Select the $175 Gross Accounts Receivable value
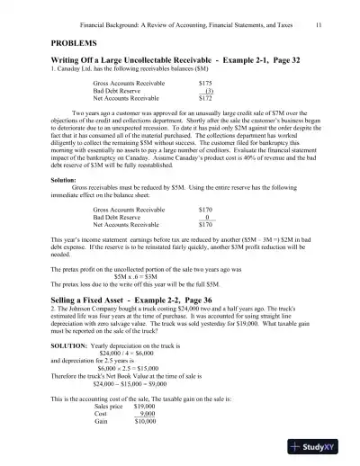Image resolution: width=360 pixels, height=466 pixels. [x=205, y=82]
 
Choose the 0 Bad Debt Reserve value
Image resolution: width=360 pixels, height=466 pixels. [x=208, y=217]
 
